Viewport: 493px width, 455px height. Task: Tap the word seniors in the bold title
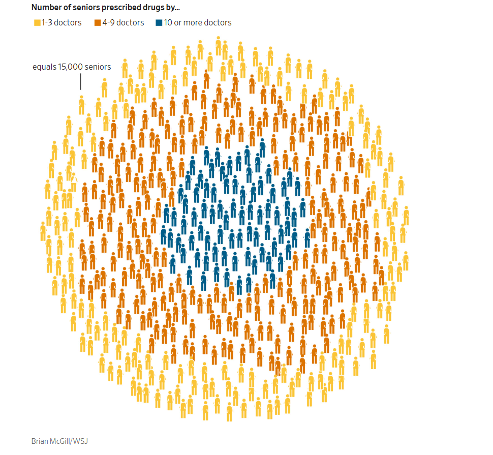[x=85, y=8]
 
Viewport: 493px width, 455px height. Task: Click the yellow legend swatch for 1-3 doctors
[x=37, y=23]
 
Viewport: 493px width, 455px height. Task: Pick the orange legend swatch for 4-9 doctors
[x=97, y=23]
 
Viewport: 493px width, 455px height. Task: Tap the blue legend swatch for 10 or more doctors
[x=159, y=23]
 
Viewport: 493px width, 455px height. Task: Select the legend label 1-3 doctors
[x=62, y=23]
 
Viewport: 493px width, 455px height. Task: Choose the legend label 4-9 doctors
[x=123, y=23]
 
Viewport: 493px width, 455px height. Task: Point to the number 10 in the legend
[x=168, y=23]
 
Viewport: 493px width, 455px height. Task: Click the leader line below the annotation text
[x=80, y=81]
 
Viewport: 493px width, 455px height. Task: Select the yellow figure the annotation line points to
[x=81, y=105]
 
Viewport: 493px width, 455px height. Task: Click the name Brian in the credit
[x=40, y=441]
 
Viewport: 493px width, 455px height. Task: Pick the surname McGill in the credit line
[x=63, y=441]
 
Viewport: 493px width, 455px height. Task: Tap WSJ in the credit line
[x=81, y=441]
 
